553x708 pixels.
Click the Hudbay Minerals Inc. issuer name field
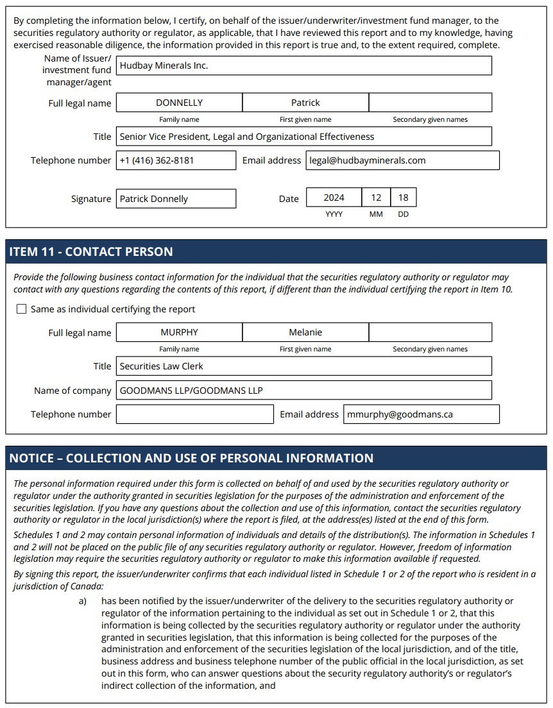(304, 65)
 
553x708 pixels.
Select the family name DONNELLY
(179, 103)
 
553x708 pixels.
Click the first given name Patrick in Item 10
(305, 103)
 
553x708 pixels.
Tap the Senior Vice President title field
(304, 137)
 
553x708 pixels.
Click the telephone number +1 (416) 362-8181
(176, 160)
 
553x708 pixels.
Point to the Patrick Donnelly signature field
(176, 199)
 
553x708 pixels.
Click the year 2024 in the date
(334, 198)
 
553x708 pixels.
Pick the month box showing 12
(376, 198)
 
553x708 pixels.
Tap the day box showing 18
(403, 198)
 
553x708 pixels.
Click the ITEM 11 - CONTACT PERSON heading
(91, 251)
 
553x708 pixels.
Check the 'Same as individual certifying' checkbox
(22, 309)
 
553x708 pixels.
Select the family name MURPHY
(179, 332)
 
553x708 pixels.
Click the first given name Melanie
(305, 332)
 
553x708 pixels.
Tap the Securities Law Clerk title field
(304, 366)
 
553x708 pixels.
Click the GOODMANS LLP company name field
(304, 391)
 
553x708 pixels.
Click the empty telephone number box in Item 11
(195, 414)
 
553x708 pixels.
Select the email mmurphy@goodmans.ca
(421, 414)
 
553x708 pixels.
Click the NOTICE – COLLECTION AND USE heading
(191, 458)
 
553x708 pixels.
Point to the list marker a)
(83, 602)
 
